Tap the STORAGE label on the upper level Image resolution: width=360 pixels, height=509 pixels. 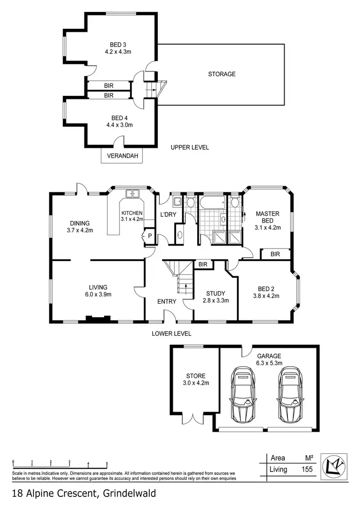point(221,74)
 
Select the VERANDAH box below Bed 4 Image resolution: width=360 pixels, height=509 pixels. point(119,156)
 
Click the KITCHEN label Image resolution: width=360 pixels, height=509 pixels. point(132,213)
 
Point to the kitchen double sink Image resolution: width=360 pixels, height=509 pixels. point(132,194)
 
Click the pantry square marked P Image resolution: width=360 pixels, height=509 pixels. point(149,236)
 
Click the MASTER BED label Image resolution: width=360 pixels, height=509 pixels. point(267,217)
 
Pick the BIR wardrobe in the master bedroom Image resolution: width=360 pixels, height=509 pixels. point(275,254)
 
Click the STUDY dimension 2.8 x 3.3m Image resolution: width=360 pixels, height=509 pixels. point(215,301)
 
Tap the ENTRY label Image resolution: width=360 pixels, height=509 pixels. point(167,302)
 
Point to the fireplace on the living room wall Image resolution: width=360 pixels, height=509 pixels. point(98,318)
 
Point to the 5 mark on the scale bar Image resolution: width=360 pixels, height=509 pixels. point(107,464)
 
